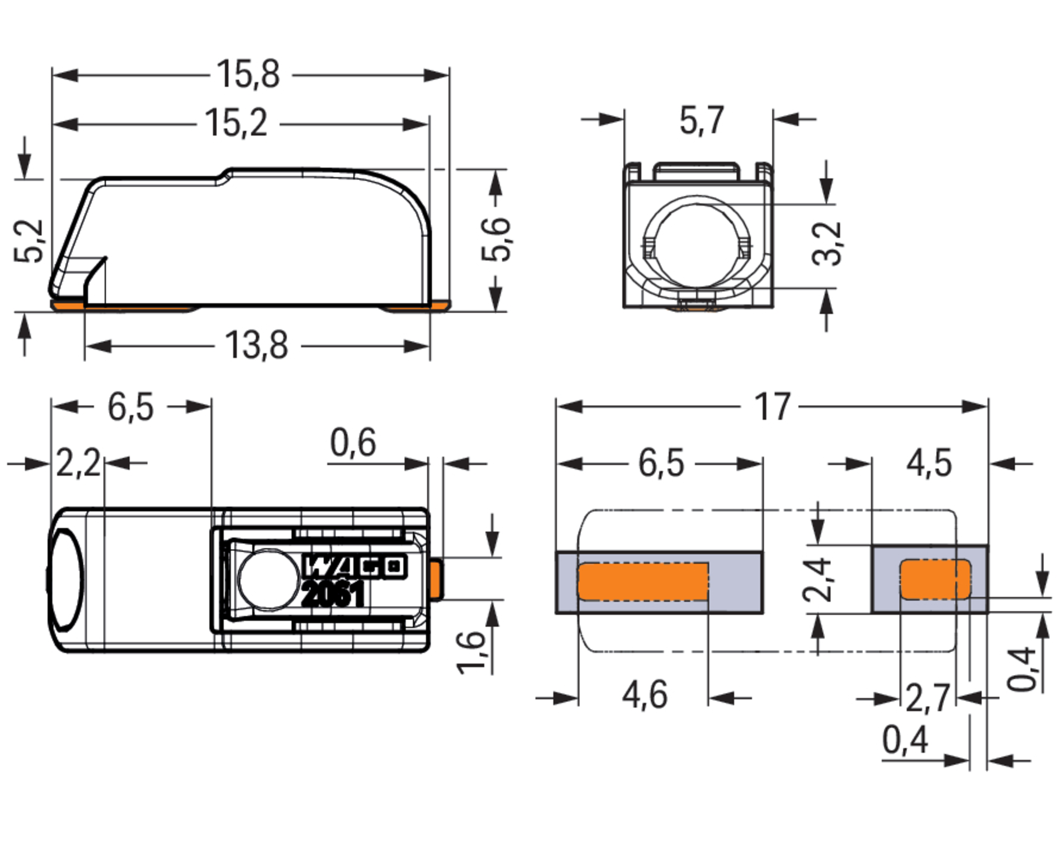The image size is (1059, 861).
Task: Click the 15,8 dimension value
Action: pyautogui.click(x=248, y=75)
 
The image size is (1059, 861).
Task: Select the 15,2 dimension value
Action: pyautogui.click(x=236, y=123)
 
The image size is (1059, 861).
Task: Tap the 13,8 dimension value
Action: pyautogui.click(x=256, y=345)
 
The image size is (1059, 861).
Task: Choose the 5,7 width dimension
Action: pyautogui.click(x=702, y=120)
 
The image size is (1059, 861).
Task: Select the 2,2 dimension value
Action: pyautogui.click(x=78, y=463)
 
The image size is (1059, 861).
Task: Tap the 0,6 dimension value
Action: pyautogui.click(x=353, y=443)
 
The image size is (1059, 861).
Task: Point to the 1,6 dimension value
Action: pyautogui.click(x=471, y=653)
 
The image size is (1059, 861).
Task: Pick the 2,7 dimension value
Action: pyautogui.click(x=928, y=698)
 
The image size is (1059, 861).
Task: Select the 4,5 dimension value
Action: pyautogui.click(x=929, y=464)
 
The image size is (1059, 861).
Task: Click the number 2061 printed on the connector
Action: pyautogui.click(x=333, y=594)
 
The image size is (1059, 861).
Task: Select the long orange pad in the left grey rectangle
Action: pyautogui.click(x=643, y=581)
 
